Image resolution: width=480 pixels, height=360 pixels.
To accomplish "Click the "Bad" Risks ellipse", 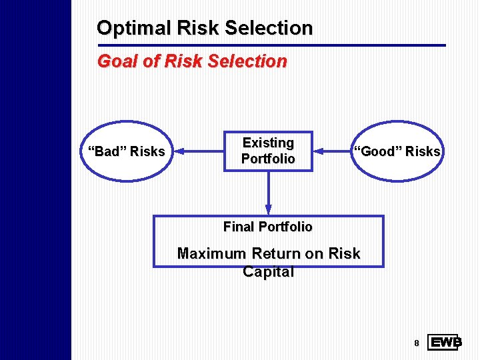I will click(127, 151).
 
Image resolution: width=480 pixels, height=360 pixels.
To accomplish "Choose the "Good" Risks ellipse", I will click(397, 151).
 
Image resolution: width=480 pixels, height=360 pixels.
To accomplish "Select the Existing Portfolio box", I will click(268, 151).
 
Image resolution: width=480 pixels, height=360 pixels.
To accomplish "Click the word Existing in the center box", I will click(268, 143).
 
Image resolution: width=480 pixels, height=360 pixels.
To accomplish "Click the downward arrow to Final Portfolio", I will click(268, 193).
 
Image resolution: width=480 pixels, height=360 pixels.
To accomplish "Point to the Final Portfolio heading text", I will click(267, 227).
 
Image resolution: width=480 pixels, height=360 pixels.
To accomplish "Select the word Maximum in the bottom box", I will click(212, 254).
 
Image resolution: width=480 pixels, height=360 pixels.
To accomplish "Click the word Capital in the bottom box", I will click(268, 272).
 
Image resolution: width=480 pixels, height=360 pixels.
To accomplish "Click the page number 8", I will click(416, 343).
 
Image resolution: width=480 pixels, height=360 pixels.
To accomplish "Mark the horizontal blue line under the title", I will click(271, 45).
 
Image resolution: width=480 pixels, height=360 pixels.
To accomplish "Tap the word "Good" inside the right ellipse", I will click(375, 151).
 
